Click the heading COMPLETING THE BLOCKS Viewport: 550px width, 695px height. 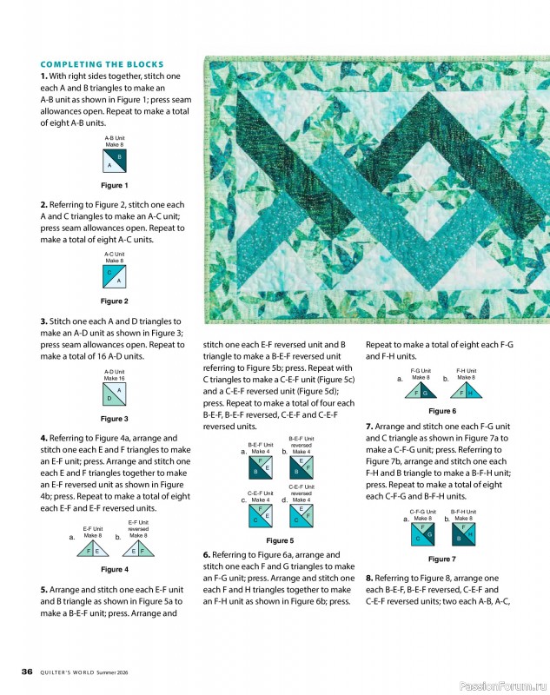click(102, 64)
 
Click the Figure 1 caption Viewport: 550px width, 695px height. click(115, 186)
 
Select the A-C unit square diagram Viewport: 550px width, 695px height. click(115, 276)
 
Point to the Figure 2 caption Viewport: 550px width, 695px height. click(115, 301)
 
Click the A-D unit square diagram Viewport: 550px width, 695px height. click(115, 394)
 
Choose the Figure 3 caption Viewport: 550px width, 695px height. click(115, 419)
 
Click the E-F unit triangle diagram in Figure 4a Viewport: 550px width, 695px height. click(93, 548)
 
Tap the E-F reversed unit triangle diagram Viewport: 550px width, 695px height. click(138, 548)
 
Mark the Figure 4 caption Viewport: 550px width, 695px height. click(115, 570)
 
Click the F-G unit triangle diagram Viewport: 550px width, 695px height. click(421, 390)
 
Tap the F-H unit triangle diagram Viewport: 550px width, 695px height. click(466, 390)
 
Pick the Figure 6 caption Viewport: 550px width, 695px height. click(442, 411)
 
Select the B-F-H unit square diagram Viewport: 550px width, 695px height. click(464, 533)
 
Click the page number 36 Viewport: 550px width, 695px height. click(27, 672)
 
